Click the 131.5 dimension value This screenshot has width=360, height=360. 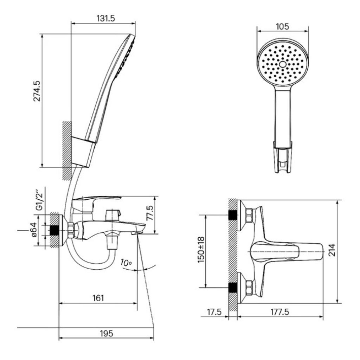click(x=105, y=18)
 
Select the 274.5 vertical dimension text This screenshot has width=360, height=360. click(x=37, y=91)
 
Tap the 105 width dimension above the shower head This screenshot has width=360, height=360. click(x=282, y=27)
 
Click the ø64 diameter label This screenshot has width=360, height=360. click(x=34, y=230)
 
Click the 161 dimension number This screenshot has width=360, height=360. click(x=98, y=298)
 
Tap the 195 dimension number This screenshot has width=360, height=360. click(x=107, y=333)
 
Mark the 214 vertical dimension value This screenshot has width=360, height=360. click(x=332, y=250)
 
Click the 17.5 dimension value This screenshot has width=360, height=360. click(x=214, y=312)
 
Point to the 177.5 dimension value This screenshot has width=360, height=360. click(x=280, y=312)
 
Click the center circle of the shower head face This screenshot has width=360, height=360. click(x=283, y=64)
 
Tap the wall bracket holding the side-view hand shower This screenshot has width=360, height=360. click(x=83, y=152)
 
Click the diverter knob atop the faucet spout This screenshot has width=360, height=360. click(x=113, y=216)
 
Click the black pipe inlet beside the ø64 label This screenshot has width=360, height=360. click(x=54, y=230)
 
